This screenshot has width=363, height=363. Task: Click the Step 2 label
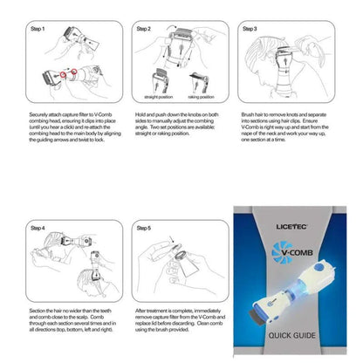click(x=144, y=29)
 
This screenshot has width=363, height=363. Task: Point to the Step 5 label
click(x=144, y=228)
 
